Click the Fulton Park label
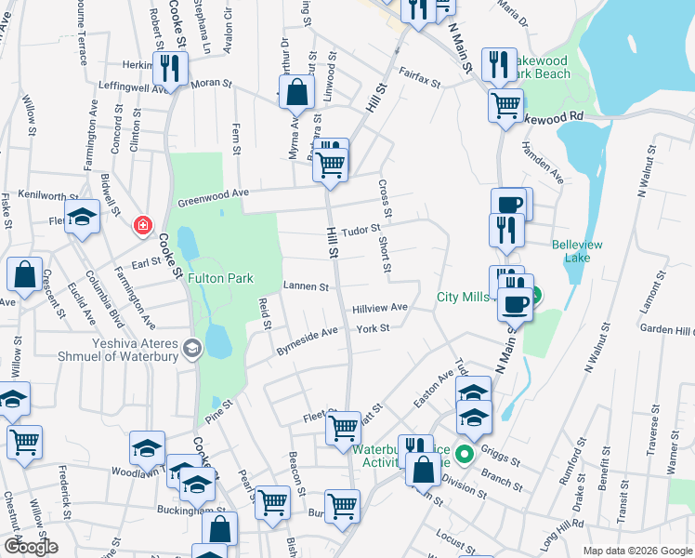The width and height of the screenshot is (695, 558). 220,277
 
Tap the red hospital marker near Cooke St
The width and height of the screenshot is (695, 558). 142,225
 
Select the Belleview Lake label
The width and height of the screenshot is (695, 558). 577,252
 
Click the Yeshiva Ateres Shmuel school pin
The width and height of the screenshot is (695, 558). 193,349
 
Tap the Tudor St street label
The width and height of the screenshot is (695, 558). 361,229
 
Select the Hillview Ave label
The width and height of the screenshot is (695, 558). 380,307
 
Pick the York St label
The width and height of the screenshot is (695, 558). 373,328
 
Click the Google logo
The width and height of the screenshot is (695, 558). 30,547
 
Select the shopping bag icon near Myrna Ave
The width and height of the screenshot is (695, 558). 296,94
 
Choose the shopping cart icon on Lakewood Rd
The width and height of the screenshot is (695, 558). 505,105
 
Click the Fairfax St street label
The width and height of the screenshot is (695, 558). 418,76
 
